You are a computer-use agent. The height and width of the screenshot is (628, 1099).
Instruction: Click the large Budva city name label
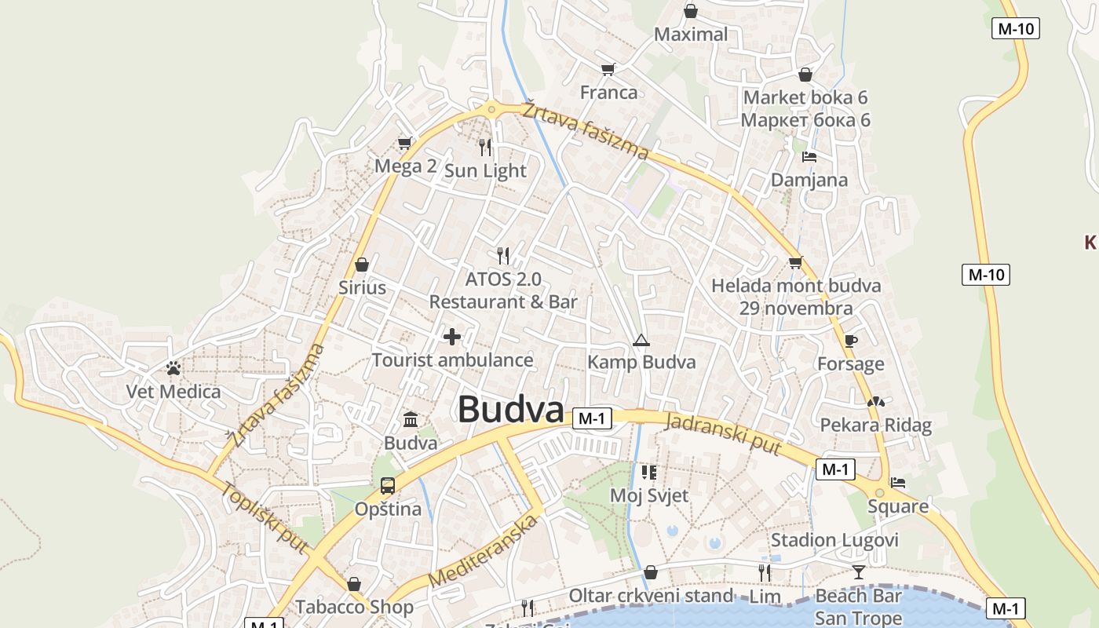[510, 410]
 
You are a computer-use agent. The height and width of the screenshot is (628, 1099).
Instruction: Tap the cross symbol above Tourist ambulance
[452, 337]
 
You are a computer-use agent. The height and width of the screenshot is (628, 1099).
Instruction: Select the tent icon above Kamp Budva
[641, 340]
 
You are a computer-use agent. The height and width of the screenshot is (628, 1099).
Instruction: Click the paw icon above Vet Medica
[173, 367]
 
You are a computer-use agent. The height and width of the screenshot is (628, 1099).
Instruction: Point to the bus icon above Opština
[388, 486]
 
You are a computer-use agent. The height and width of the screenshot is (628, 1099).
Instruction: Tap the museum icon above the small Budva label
[411, 420]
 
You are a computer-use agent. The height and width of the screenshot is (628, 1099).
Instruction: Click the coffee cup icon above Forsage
[850, 341]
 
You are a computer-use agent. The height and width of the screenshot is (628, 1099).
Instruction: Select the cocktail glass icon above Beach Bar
[858, 572]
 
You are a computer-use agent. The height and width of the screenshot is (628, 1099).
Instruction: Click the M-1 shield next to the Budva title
[591, 418]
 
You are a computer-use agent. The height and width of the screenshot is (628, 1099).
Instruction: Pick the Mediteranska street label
[484, 550]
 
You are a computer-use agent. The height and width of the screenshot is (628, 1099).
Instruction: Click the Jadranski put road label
[723, 433]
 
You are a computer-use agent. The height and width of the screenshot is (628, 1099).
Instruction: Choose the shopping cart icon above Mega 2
[404, 143]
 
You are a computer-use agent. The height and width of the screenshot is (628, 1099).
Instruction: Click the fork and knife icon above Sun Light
[485, 147]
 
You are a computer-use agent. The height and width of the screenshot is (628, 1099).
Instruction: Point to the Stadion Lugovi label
[834, 540]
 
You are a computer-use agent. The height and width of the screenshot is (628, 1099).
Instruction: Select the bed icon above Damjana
[809, 157]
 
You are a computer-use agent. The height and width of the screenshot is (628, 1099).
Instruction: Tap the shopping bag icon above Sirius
[362, 265]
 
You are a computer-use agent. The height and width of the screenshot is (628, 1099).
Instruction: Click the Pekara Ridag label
[875, 425]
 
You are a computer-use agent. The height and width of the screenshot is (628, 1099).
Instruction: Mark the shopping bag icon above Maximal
[691, 11]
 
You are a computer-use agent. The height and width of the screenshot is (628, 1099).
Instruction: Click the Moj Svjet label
[649, 495]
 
